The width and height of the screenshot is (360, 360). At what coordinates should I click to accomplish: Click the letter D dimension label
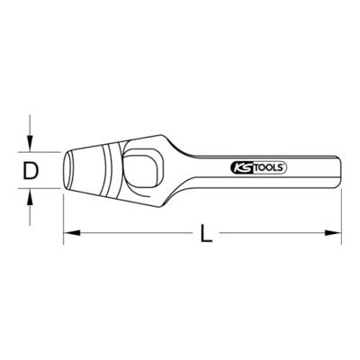(30, 166)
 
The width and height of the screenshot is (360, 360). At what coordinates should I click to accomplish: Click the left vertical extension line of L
(62, 216)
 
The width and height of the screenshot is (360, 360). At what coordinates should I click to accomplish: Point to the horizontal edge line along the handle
(270, 155)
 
